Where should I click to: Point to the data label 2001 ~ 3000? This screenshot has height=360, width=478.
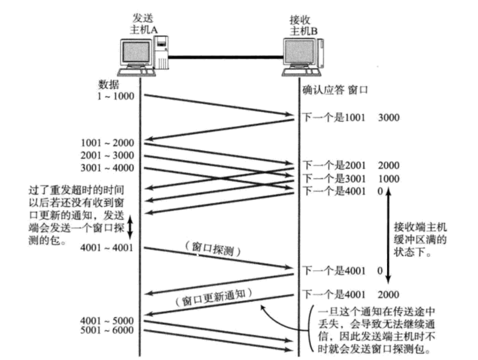click(x=107, y=155)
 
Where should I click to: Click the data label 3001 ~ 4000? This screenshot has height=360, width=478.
click(x=107, y=167)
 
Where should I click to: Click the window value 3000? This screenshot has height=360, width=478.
click(x=388, y=118)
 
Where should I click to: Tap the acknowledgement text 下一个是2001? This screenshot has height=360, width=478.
click(x=334, y=165)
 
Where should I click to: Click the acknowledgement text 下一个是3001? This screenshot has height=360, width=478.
click(x=334, y=178)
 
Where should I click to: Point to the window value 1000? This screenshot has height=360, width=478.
click(x=388, y=178)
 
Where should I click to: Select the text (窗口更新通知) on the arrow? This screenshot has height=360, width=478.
click(x=214, y=298)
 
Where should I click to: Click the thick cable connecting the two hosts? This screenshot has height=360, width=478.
click(x=226, y=58)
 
